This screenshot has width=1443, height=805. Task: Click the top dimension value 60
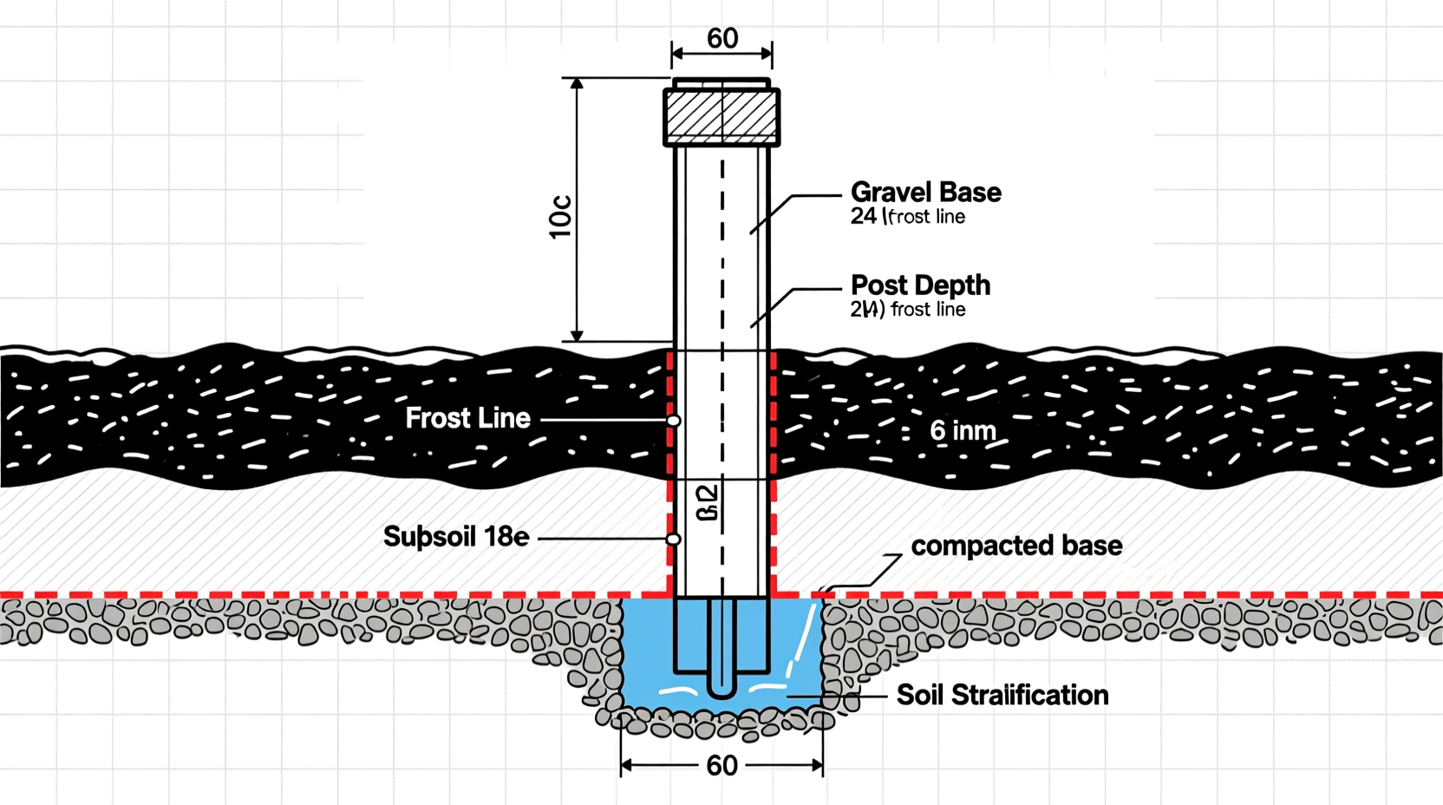(x=722, y=38)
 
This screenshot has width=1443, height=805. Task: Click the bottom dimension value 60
(x=721, y=765)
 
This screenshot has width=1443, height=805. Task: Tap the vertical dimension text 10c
(x=561, y=217)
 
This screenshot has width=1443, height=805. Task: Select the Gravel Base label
(x=925, y=192)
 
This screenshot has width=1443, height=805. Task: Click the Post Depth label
(x=920, y=285)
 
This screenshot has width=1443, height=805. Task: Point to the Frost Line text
(x=467, y=418)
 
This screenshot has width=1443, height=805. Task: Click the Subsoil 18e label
(x=456, y=537)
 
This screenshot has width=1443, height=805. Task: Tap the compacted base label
(x=1016, y=546)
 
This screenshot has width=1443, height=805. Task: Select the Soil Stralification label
(x=1002, y=695)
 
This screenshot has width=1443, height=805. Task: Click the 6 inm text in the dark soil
(x=963, y=430)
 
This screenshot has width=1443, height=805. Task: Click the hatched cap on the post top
(x=721, y=116)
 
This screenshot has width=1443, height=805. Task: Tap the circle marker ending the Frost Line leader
(x=674, y=421)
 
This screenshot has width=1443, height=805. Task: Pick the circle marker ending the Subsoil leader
(x=674, y=540)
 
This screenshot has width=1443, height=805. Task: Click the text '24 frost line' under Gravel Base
(x=907, y=217)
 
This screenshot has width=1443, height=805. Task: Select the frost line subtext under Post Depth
(x=907, y=310)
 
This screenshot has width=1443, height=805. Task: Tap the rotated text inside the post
(x=708, y=502)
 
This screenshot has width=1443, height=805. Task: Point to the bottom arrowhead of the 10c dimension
(x=577, y=336)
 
